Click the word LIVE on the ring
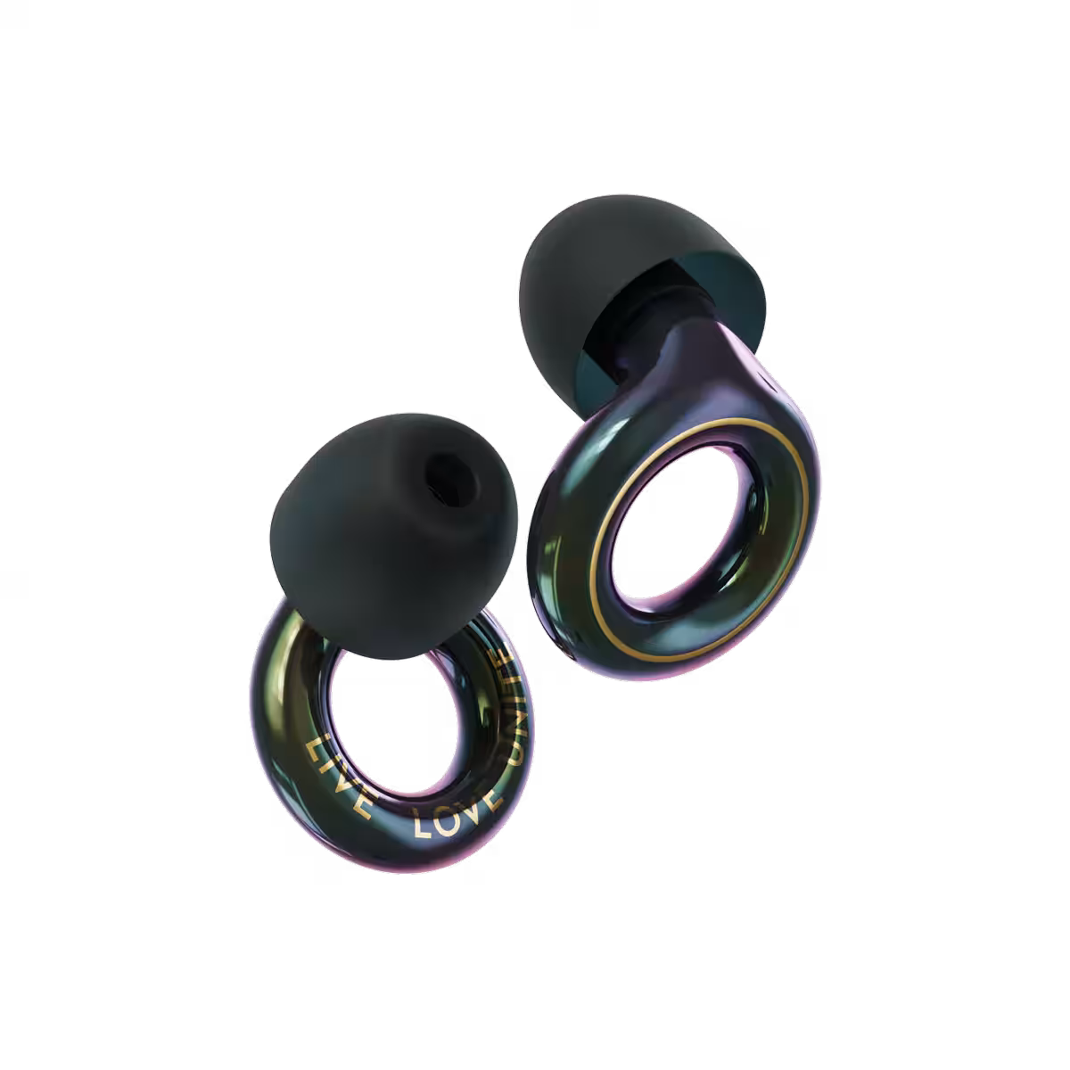point(339,777)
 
